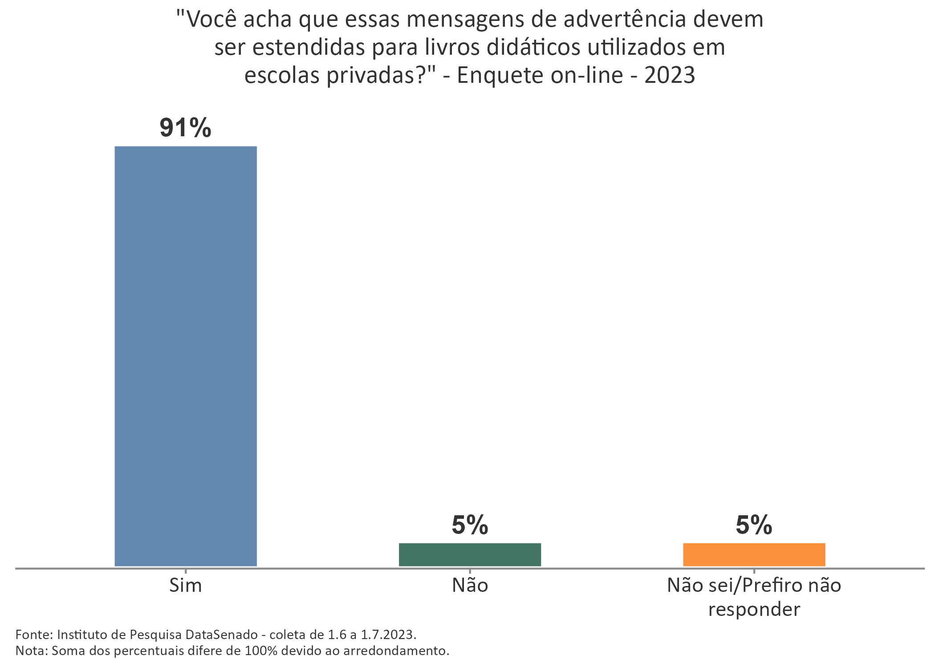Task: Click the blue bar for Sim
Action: coord(185,356)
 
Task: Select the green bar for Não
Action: coord(470,554)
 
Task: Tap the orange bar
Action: coord(754,554)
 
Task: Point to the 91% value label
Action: coord(185,128)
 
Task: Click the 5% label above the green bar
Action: coord(470,525)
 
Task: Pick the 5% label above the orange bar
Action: coord(754,525)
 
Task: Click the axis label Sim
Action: coord(185,585)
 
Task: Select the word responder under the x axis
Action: coord(754,609)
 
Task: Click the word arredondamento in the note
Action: coord(395,651)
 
